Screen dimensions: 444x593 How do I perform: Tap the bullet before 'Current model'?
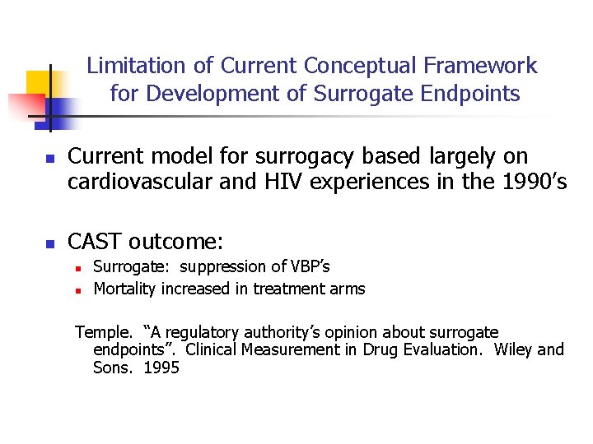click(x=49, y=158)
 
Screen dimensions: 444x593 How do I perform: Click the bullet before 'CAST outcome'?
click(x=49, y=244)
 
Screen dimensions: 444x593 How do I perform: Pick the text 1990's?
click(x=534, y=182)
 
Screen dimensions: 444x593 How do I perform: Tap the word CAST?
click(x=97, y=243)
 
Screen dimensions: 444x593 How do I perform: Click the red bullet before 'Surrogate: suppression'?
click(x=77, y=268)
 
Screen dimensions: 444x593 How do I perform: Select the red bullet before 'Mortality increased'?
click(x=77, y=290)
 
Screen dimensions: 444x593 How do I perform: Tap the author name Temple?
click(x=103, y=332)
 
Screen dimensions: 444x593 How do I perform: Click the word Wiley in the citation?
click(x=512, y=349)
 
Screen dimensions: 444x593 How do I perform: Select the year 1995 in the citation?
click(x=161, y=368)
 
